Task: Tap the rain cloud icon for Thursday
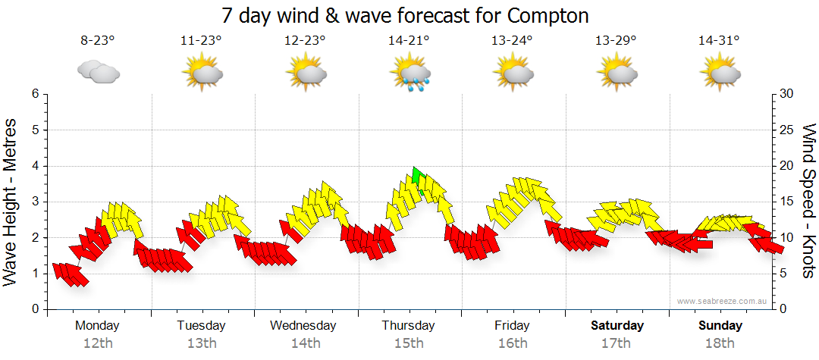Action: click(410, 74)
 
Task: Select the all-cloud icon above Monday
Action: click(98, 72)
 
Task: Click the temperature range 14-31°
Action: click(719, 41)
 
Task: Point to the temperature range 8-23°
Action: click(98, 41)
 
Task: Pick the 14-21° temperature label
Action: click(409, 41)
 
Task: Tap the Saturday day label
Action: click(617, 326)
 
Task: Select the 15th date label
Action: click(409, 343)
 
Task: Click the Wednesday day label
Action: click(303, 326)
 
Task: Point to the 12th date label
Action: click(98, 343)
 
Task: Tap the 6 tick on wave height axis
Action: click(34, 94)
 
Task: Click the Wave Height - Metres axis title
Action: click(11, 202)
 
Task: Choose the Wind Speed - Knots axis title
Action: click(808, 202)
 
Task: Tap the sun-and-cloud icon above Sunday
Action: click(720, 74)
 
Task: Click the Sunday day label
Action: click(720, 326)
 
